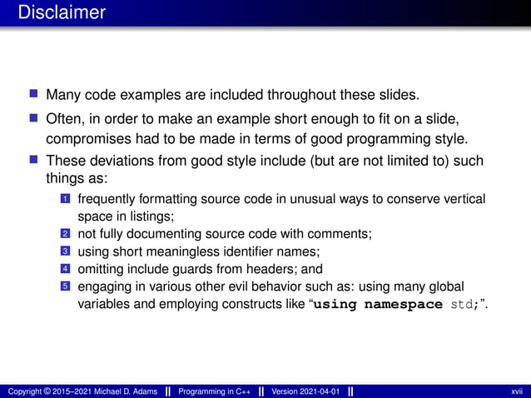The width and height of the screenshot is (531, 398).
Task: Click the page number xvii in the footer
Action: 516,391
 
